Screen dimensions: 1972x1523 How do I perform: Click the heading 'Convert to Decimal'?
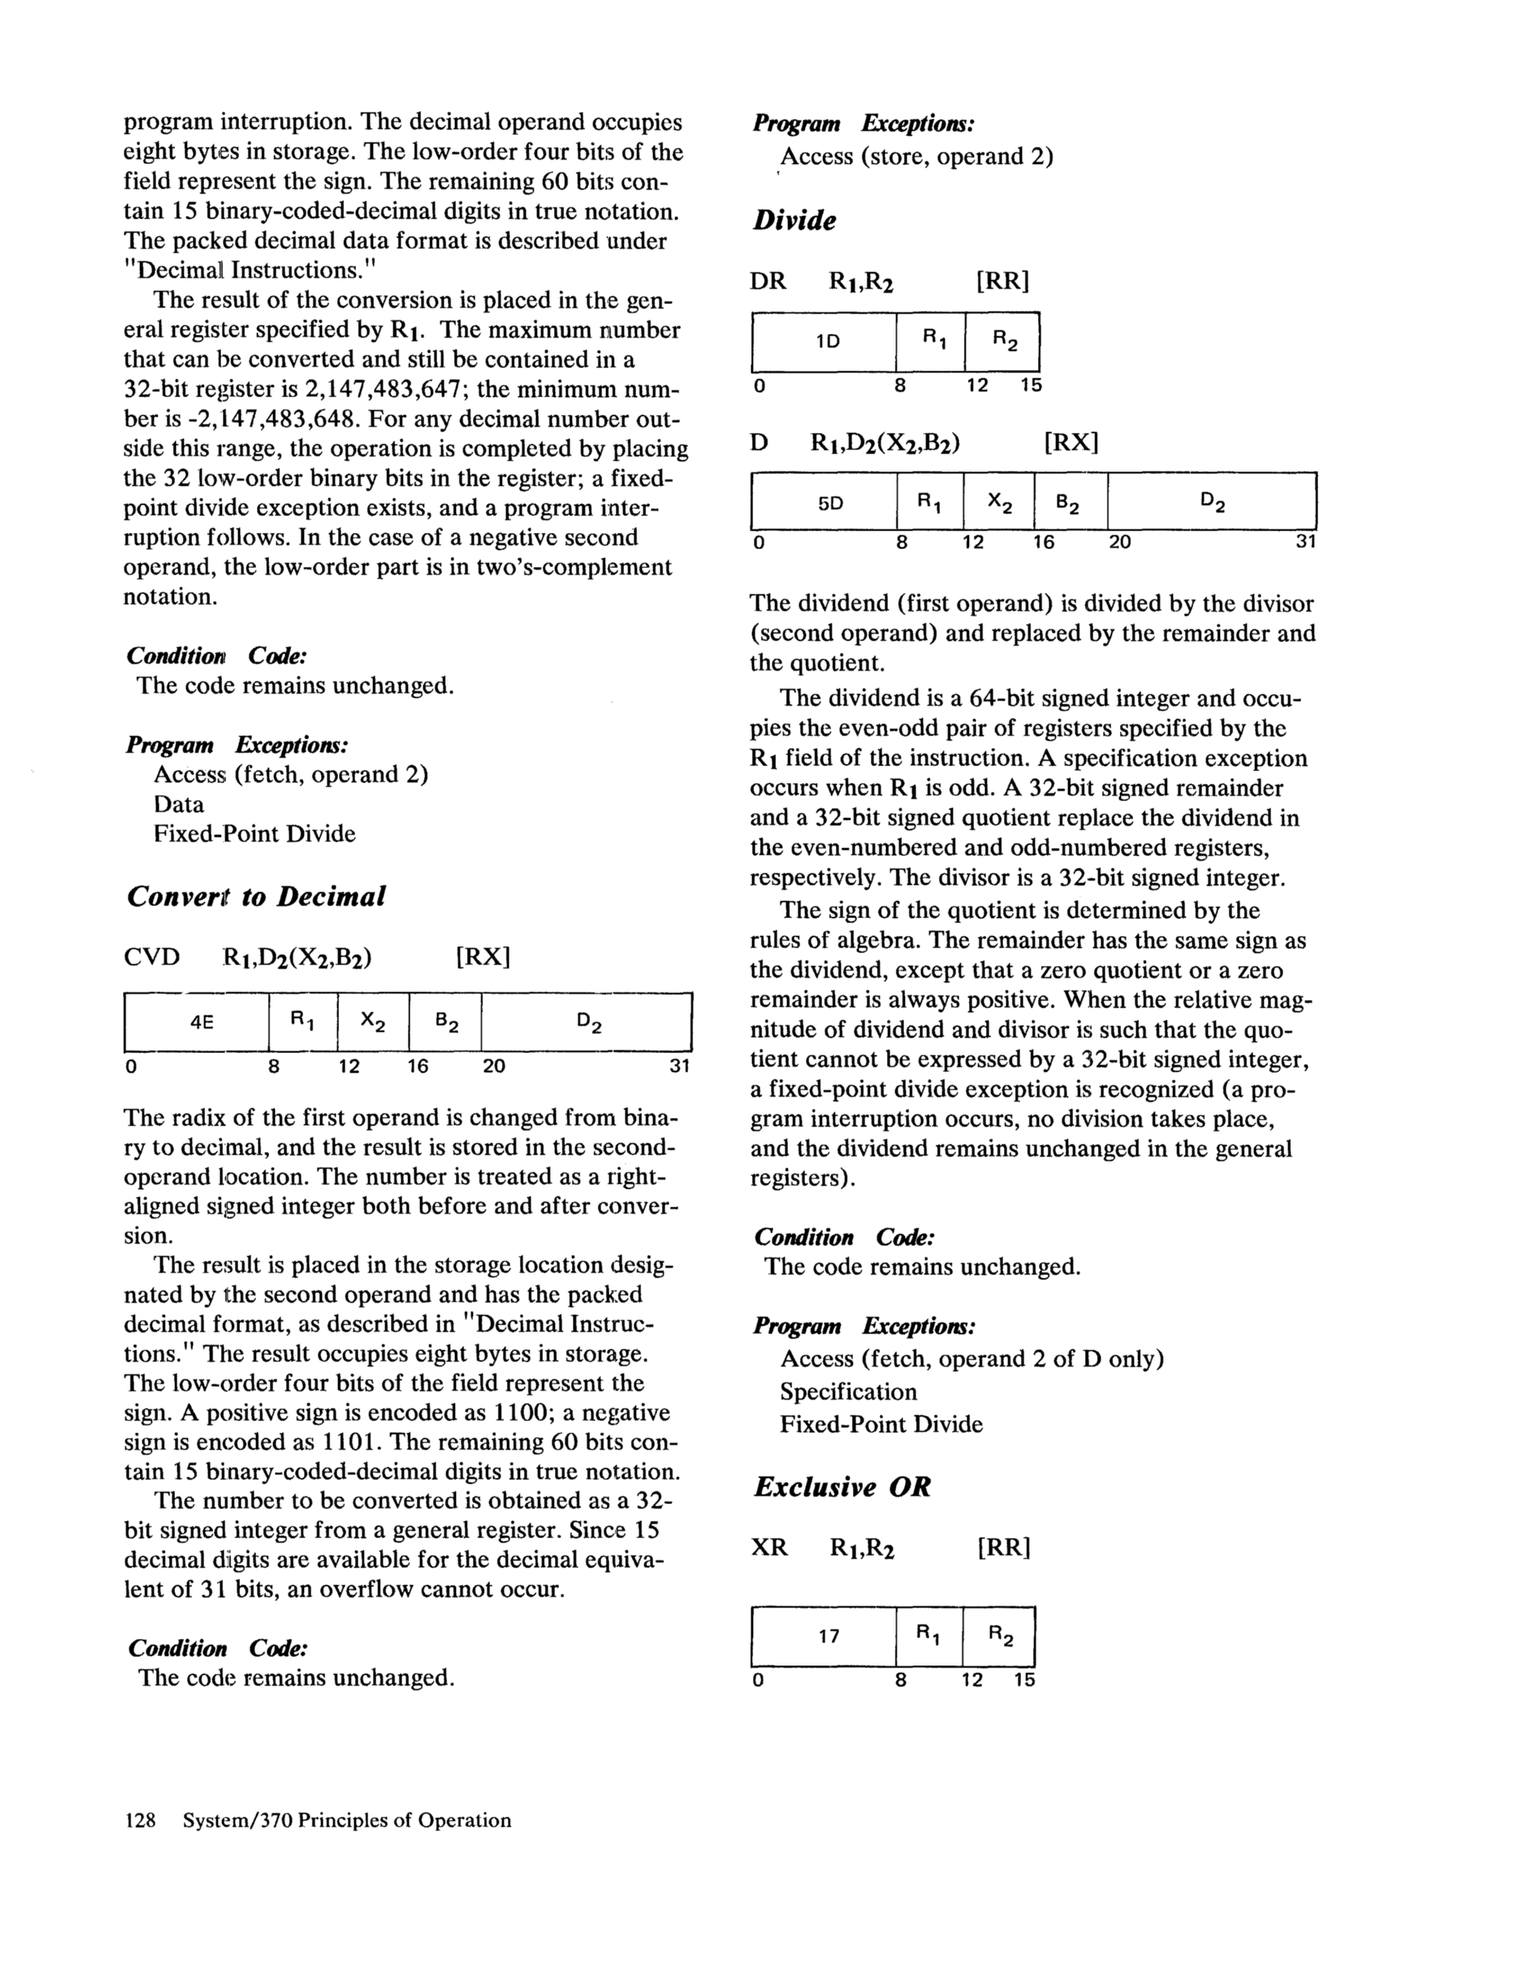(x=256, y=897)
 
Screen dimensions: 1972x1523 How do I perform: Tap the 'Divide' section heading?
(x=795, y=220)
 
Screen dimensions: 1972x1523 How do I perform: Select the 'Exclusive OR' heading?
(x=843, y=1486)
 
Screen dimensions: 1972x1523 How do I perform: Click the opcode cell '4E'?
(x=201, y=1022)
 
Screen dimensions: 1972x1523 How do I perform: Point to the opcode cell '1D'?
(x=827, y=342)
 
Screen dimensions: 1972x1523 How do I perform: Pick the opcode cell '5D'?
(x=830, y=503)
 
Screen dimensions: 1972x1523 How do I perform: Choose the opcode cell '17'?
(x=829, y=1636)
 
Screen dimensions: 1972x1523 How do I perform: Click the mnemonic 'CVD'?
(x=152, y=957)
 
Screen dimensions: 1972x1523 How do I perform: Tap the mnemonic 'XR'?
(x=769, y=1548)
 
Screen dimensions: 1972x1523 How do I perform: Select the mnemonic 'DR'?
(x=768, y=281)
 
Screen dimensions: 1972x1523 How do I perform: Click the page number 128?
(x=140, y=1820)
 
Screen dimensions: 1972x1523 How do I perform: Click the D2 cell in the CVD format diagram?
(x=588, y=1023)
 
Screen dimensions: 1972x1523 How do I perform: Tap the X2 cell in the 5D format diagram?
(x=1000, y=503)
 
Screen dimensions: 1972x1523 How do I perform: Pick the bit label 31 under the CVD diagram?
(x=679, y=1067)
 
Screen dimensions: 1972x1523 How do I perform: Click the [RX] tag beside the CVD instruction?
(x=484, y=957)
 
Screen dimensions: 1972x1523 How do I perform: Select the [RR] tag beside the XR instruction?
(x=1003, y=1548)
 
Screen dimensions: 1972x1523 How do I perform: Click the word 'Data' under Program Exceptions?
(x=178, y=805)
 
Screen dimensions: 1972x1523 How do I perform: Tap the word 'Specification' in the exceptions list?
(x=849, y=1391)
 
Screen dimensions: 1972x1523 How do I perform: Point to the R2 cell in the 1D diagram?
(x=1004, y=341)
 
